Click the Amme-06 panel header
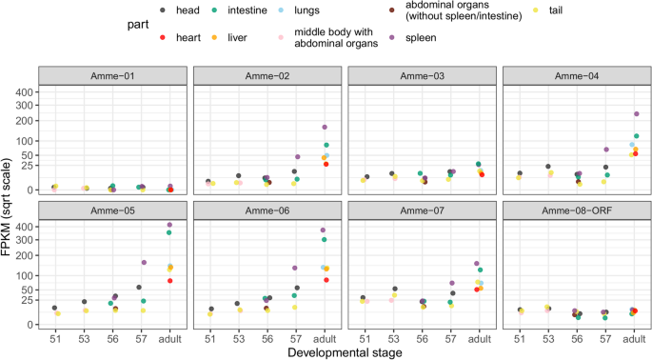pyautogui.click(x=267, y=210)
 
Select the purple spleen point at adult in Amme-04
pyautogui.click(x=636, y=113)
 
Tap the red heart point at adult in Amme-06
pyautogui.click(x=326, y=280)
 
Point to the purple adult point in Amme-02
pyautogui.click(x=325, y=127)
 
